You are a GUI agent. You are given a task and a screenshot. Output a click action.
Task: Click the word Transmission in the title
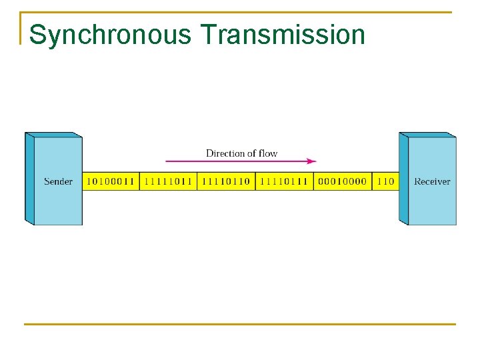(282, 35)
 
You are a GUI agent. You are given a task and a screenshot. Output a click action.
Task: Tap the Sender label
(58, 181)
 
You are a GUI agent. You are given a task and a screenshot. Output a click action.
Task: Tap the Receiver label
(432, 181)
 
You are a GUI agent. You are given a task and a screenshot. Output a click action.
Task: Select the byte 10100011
(111, 181)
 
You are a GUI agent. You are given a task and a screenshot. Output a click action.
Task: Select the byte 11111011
(168, 181)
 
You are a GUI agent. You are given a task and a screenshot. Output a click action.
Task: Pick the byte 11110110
(226, 181)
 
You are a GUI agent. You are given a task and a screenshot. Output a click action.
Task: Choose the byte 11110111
(284, 181)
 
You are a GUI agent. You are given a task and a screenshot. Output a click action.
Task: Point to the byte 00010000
(342, 181)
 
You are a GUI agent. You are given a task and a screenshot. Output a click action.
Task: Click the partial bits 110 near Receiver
(385, 181)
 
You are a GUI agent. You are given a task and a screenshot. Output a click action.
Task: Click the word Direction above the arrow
(226, 153)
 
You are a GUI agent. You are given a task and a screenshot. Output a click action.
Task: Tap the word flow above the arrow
(267, 153)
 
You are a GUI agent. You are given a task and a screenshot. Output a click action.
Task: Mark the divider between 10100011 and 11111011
(139, 181)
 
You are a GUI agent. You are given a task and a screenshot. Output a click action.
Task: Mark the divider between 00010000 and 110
(371, 181)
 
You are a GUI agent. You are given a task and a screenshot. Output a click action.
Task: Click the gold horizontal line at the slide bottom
(240, 325)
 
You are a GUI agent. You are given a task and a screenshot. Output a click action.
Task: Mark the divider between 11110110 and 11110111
(255, 181)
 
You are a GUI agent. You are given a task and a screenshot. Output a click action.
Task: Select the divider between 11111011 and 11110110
(197, 181)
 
